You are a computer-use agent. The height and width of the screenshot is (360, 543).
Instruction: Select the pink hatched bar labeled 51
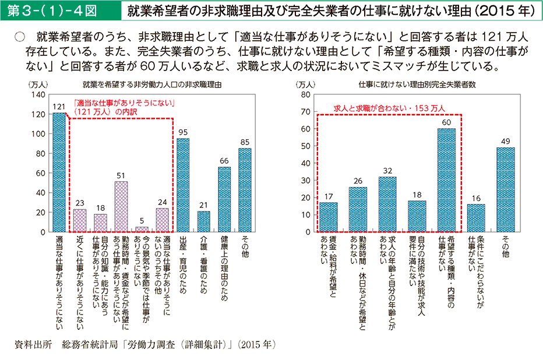click(121, 206)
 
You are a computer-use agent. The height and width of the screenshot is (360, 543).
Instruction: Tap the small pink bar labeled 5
click(142, 229)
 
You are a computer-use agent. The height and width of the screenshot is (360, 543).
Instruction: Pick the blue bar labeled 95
click(183, 185)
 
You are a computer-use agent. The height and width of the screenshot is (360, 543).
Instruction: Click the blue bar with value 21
click(203, 221)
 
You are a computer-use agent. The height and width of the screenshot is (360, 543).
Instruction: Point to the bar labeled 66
click(224, 199)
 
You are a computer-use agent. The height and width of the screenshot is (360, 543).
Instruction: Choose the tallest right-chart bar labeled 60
click(446, 180)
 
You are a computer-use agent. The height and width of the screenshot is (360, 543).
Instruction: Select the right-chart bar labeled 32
click(387, 204)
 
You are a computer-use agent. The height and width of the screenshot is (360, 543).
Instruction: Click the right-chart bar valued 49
click(505, 189)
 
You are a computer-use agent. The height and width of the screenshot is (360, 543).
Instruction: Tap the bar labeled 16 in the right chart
click(476, 218)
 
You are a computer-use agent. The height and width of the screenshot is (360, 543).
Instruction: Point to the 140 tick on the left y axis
click(38, 94)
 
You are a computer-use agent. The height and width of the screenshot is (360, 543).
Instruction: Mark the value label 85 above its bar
click(245, 142)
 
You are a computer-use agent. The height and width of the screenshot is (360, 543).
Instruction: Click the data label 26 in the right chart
click(358, 180)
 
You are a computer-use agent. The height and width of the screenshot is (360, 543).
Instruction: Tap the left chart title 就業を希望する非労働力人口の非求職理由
click(152, 84)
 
